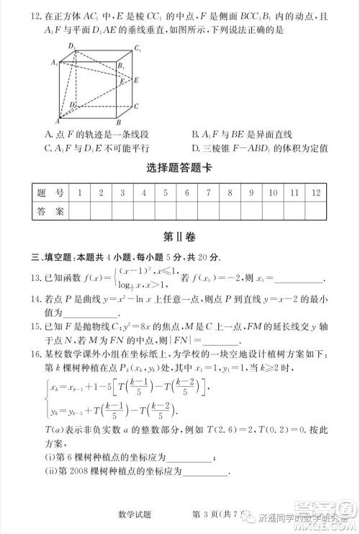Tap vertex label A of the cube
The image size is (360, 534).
pyautogui.click(x=58, y=120)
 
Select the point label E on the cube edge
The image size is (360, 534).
pyautogui.click(x=136, y=80)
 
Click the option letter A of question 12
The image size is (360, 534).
pyautogui.click(x=48, y=134)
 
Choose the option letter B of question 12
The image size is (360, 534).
pyautogui.click(x=194, y=134)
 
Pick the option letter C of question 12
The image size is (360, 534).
pyautogui.click(x=48, y=148)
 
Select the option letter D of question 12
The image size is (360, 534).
pyautogui.click(x=194, y=148)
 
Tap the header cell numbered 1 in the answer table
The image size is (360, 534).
pyautogui.click(x=78, y=192)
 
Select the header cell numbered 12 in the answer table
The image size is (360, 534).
pyautogui.click(x=316, y=192)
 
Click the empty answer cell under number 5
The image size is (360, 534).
pyautogui.click(x=165, y=210)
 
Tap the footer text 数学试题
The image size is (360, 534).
pyautogui.click(x=134, y=514)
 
